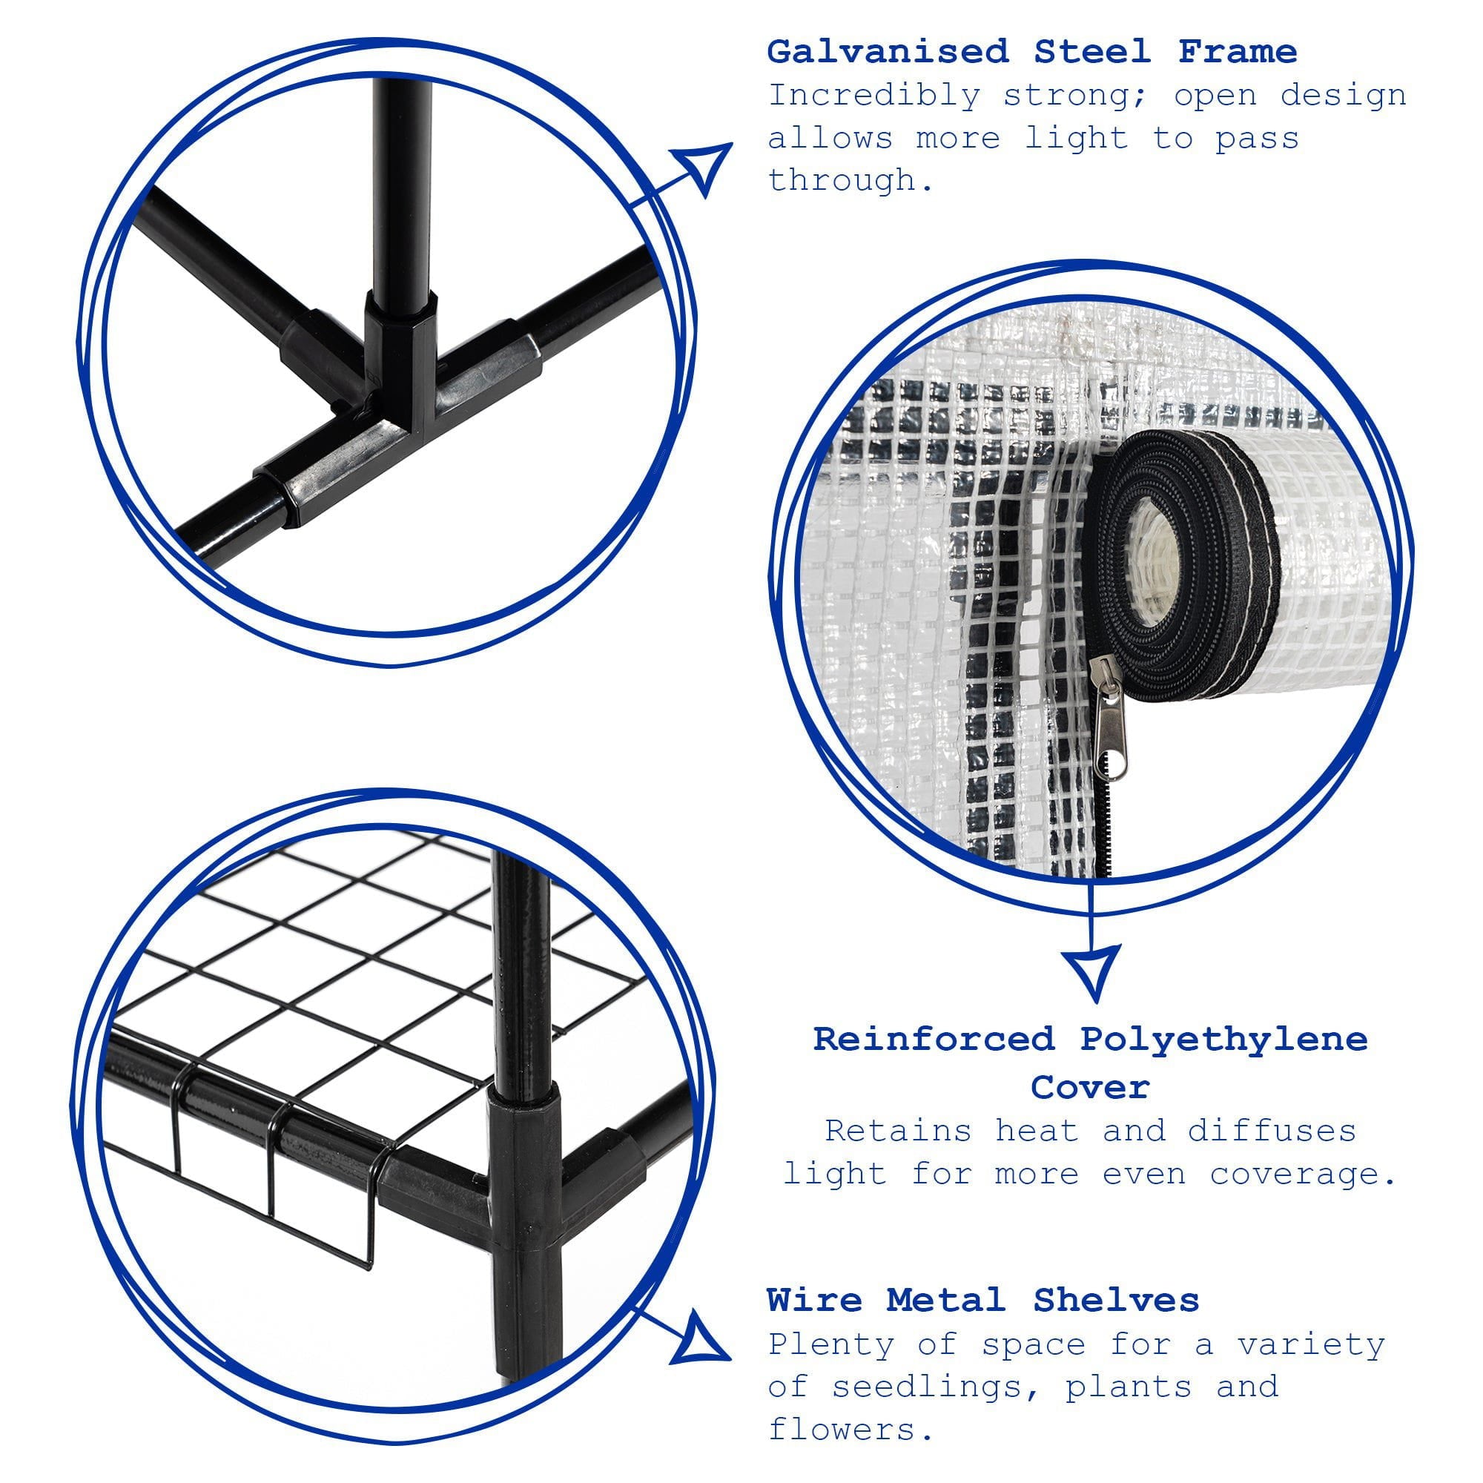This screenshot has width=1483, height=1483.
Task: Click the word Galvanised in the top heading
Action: click(888, 52)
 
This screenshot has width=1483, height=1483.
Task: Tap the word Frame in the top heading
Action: click(1238, 52)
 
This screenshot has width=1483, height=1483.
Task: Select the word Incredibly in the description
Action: click(874, 96)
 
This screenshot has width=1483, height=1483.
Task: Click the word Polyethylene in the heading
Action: click(1224, 1040)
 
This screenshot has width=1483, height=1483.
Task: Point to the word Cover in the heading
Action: click(1090, 1087)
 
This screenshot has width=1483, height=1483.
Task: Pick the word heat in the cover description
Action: click(1037, 1132)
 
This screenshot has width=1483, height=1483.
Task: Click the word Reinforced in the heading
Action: click(934, 1040)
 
